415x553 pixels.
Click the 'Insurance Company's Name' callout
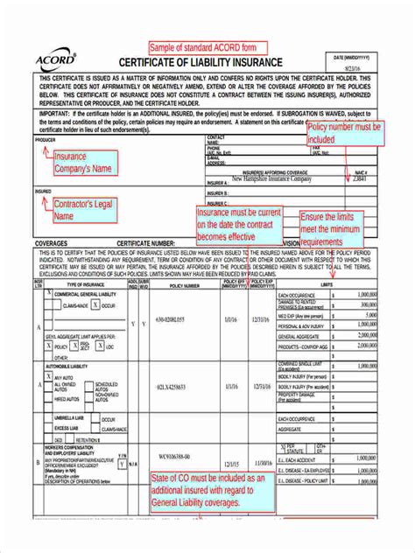[x=83, y=163]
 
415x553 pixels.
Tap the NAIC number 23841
[x=360, y=178]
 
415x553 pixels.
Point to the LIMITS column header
[x=328, y=284]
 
